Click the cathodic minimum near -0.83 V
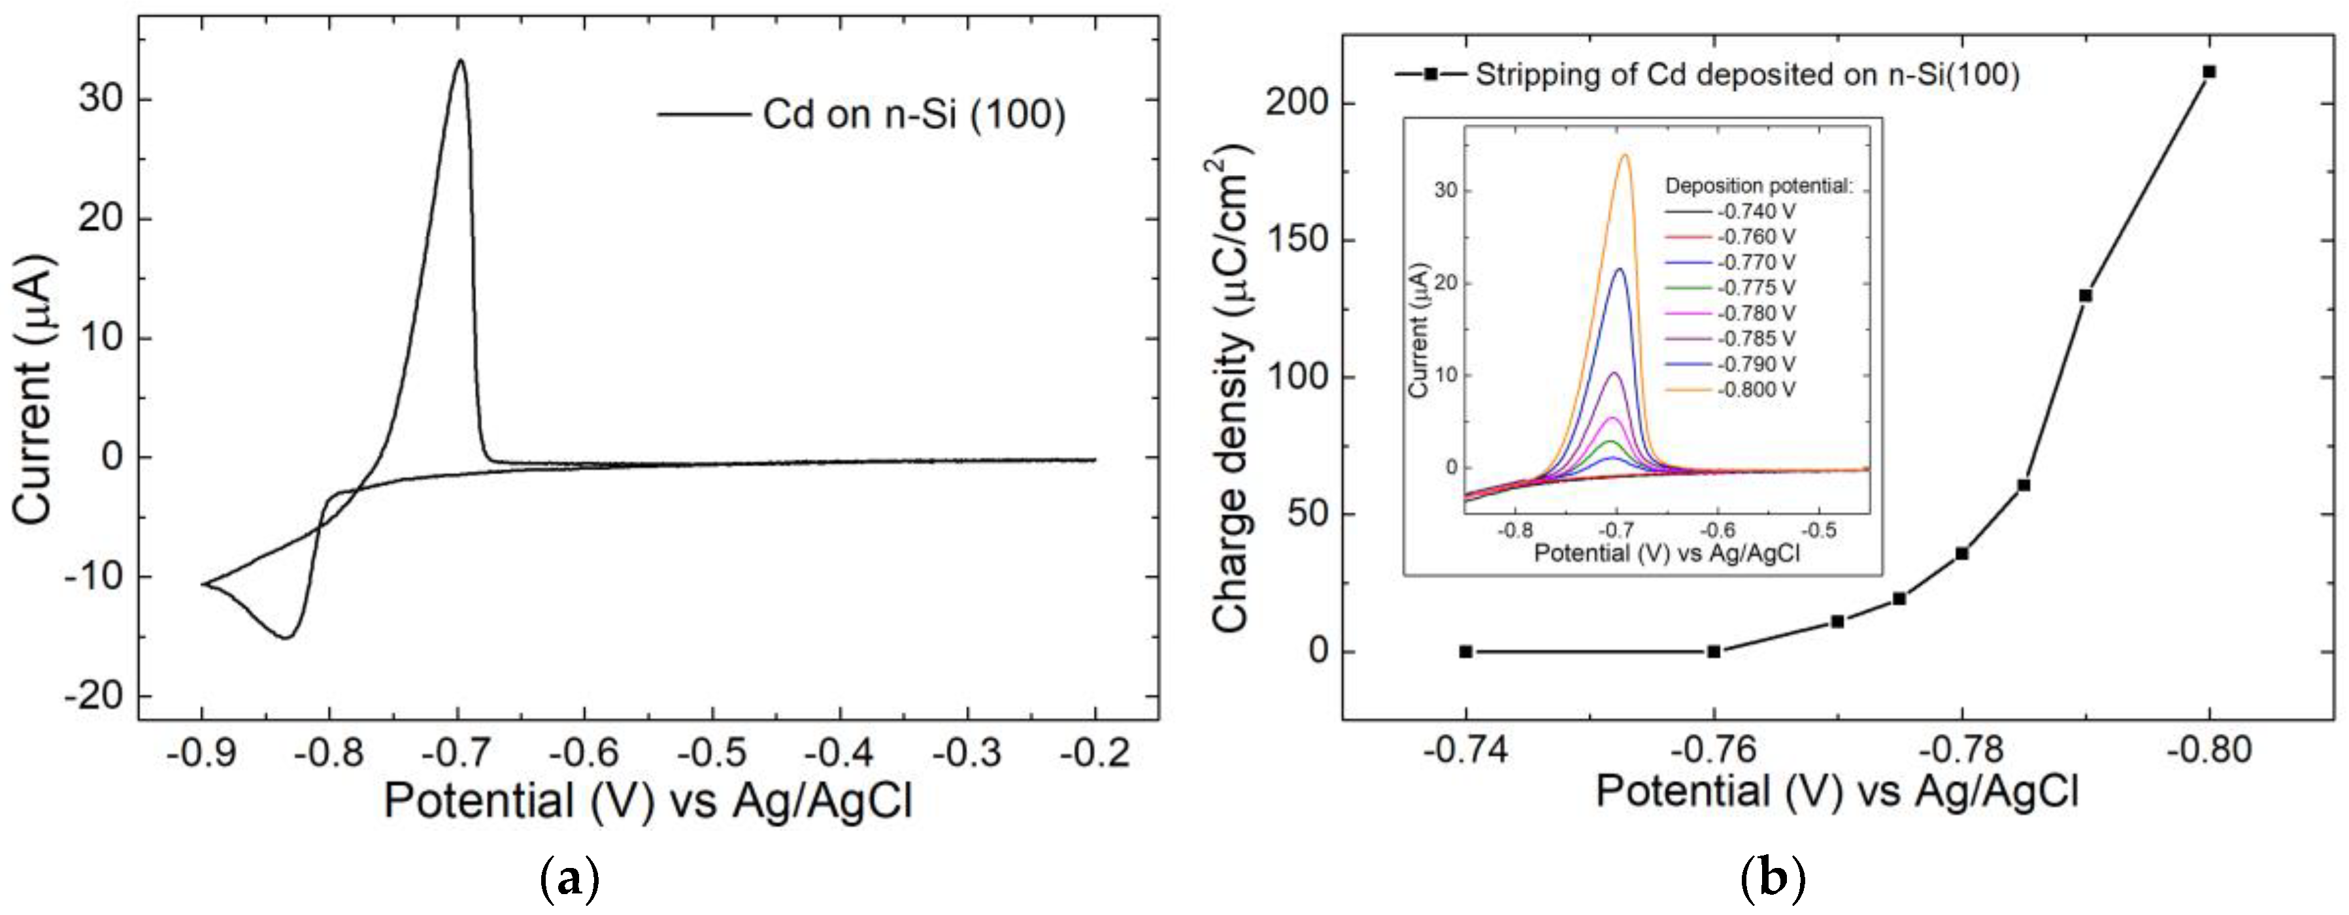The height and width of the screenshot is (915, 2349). [x=286, y=637]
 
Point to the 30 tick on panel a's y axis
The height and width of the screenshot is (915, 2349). [x=100, y=99]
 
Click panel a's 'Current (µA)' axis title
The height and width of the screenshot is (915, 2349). [x=34, y=390]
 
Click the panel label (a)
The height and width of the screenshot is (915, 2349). [x=570, y=880]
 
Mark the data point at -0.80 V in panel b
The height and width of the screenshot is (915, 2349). [x=2208, y=72]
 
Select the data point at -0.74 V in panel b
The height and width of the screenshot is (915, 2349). [x=1465, y=652]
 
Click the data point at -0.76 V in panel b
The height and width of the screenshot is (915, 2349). [x=1714, y=652]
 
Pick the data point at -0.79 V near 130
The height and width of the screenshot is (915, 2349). [x=2084, y=295]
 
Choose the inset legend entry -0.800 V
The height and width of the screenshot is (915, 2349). [x=1756, y=390]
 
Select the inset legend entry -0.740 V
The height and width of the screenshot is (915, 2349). [x=1756, y=212]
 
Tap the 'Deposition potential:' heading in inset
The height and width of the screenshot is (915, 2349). [x=1759, y=186]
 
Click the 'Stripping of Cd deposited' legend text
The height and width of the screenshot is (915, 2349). [x=1747, y=74]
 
